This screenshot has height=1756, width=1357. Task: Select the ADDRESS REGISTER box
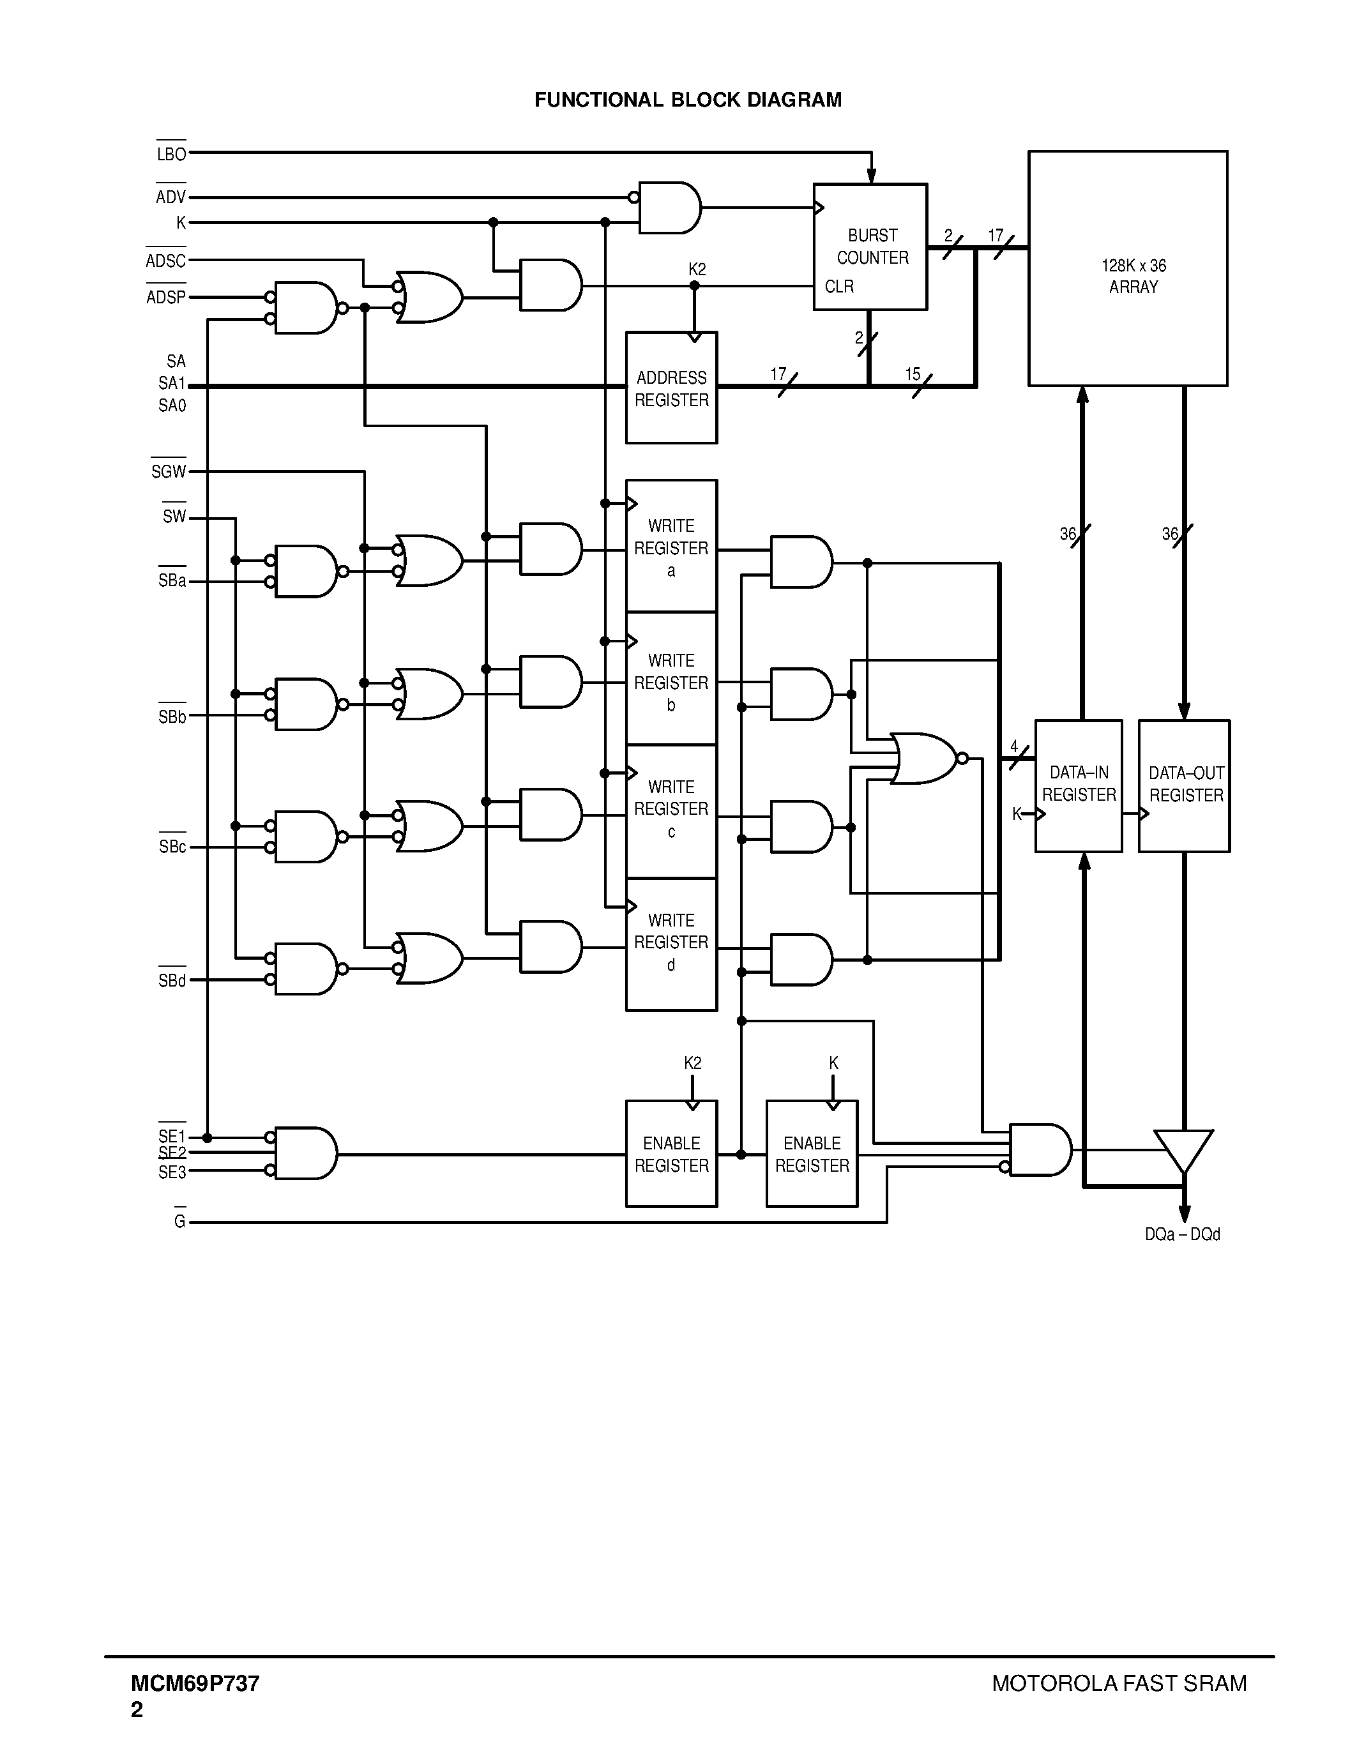(x=671, y=388)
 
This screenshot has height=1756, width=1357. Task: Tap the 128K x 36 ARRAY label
(x=1133, y=276)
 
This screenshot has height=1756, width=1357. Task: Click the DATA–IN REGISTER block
(x=1078, y=785)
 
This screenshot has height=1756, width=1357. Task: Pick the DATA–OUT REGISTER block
(x=1184, y=785)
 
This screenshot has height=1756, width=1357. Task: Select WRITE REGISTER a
(x=671, y=547)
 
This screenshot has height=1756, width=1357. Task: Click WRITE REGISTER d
(x=671, y=942)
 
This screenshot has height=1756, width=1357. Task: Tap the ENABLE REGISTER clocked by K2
(x=671, y=1154)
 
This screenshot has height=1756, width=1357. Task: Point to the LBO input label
(x=171, y=153)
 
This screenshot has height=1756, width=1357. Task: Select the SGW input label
(x=168, y=472)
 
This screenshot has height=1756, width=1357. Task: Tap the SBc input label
(x=172, y=847)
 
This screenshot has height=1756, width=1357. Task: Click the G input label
(x=179, y=1222)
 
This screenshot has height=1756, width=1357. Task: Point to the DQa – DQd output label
(x=1182, y=1234)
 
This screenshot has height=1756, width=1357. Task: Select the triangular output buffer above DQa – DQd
(x=1183, y=1149)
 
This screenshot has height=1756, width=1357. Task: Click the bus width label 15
(x=913, y=374)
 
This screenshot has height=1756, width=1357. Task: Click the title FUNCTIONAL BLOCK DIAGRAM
(x=687, y=100)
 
